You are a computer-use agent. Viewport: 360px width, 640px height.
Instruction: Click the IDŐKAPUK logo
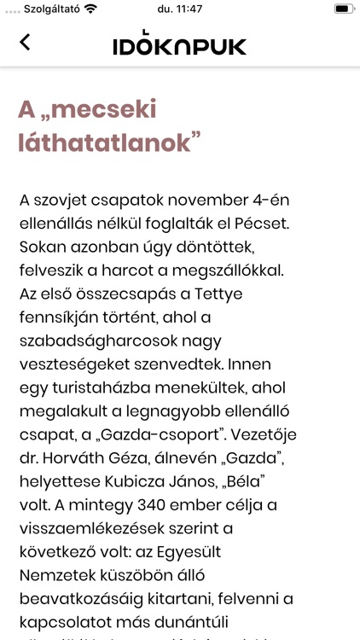click(x=179, y=45)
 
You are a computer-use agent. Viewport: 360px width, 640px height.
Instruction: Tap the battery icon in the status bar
click(x=342, y=9)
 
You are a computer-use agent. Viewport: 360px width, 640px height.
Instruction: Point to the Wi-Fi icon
click(x=90, y=9)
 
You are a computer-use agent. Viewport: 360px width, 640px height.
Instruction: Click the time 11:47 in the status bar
click(x=180, y=9)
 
